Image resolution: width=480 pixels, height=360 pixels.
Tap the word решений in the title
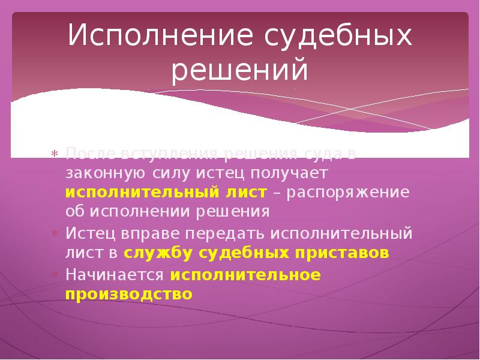[x=240, y=71]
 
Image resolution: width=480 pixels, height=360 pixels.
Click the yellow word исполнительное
[x=246, y=274]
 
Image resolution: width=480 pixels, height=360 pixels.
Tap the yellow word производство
[x=129, y=294]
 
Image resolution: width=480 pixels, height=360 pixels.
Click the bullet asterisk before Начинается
[x=54, y=275]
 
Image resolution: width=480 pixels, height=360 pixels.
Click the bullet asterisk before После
[x=54, y=154]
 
